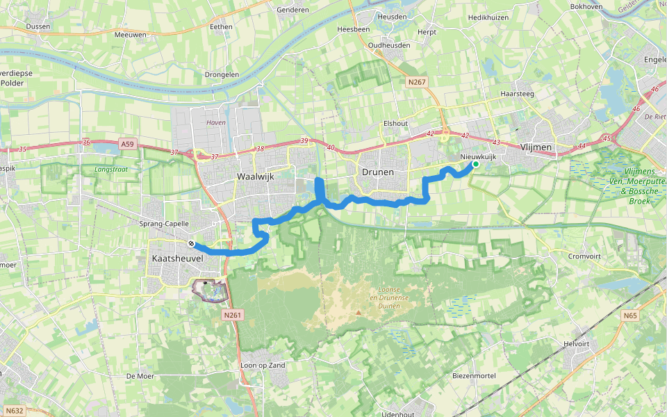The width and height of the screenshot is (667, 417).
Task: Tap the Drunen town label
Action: pos(377,172)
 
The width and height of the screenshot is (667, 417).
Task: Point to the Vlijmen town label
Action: pos(536,147)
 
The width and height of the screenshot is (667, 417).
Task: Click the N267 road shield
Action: pos(417,82)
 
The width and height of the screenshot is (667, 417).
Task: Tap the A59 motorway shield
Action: pos(126,145)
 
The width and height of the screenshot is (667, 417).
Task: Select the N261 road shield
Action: pos(233,316)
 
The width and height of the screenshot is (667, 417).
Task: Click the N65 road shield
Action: pos(629,316)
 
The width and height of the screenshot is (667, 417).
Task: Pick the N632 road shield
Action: pos(14,411)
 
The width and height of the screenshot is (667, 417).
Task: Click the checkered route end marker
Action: pos(191,244)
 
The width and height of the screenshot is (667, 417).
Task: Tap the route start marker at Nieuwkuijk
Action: pos(477,165)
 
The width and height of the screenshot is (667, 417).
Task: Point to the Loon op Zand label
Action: pos(263,365)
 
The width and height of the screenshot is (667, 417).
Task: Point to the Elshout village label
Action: pos(395,123)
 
